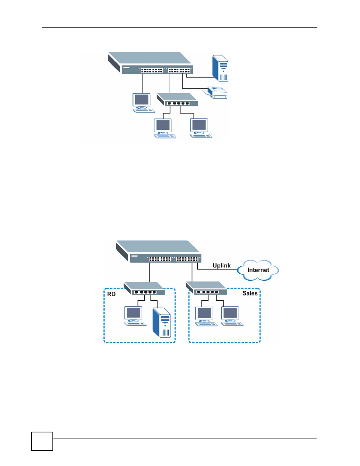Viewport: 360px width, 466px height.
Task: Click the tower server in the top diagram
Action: click(x=221, y=68)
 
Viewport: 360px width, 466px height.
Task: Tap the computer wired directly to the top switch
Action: click(x=143, y=102)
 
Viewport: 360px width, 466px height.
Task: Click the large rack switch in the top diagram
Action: click(x=151, y=63)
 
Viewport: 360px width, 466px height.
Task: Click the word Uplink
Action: click(x=222, y=266)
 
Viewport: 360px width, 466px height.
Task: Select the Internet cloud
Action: click(x=258, y=270)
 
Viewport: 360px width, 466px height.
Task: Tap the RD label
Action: click(x=111, y=294)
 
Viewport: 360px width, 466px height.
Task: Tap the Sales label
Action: click(x=250, y=293)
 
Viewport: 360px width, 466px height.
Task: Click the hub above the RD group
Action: click(x=145, y=289)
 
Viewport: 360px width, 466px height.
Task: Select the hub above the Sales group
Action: click(x=207, y=289)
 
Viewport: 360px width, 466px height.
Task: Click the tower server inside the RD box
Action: click(x=162, y=322)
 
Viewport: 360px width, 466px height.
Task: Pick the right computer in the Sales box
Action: click(x=231, y=316)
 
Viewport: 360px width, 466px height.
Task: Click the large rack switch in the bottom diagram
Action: click(x=158, y=251)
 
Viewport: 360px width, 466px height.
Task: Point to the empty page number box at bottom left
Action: click(x=42, y=441)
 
